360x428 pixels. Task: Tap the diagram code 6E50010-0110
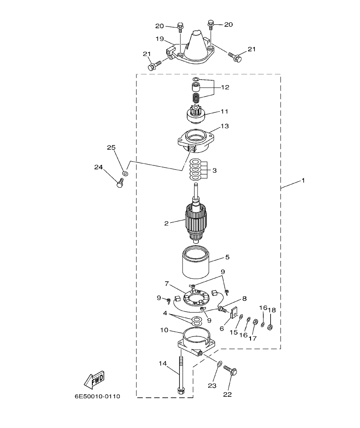coord(97,396)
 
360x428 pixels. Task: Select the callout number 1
coord(303,181)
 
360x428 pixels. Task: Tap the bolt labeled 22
coord(231,371)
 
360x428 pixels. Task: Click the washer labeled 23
coord(219,363)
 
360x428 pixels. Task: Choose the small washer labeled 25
coord(125,173)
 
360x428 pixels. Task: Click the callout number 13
coord(224,126)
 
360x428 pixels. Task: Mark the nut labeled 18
coord(270,328)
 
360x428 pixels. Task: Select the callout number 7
coord(167,283)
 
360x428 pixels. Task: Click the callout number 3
coord(214,170)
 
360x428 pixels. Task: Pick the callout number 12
coord(225,87)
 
